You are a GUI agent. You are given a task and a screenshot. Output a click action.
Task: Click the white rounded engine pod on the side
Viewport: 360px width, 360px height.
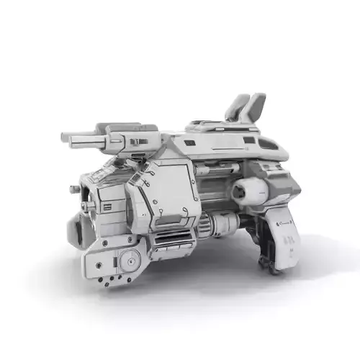249,192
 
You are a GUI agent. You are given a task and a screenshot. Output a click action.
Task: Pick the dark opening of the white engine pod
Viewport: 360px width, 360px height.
237,192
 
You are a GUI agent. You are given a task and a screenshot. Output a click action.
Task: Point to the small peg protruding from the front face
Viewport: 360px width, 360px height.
75,189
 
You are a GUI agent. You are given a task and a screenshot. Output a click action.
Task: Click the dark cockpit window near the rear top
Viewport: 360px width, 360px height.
268,144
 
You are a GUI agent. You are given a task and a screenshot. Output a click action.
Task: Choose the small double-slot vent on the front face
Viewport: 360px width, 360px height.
107,207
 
